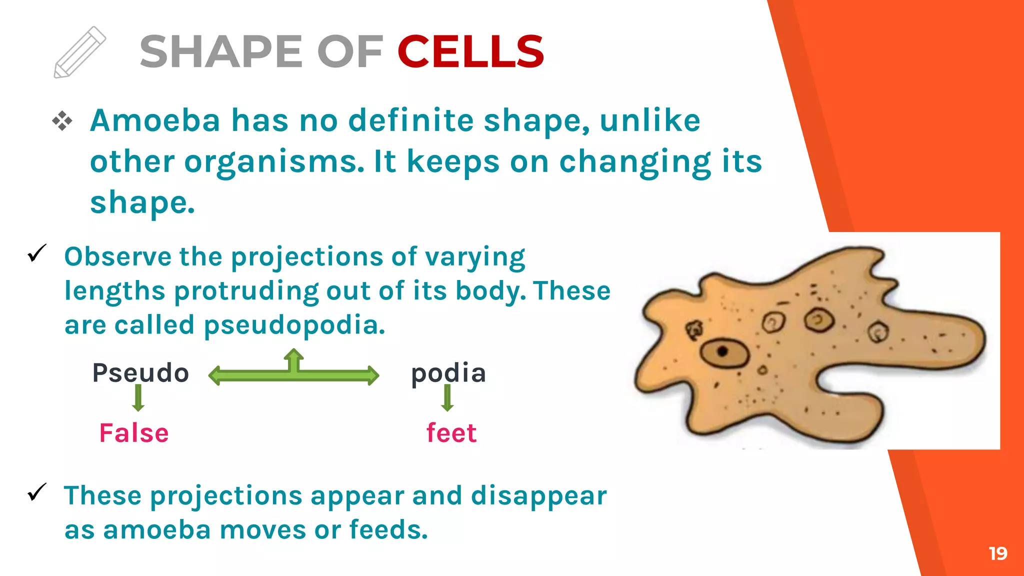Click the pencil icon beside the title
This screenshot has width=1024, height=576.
pos(79,52)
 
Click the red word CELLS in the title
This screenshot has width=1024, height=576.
pos(470,51)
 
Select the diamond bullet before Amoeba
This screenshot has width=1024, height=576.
pos(62,121)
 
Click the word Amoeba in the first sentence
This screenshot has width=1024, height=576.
pos(155,121)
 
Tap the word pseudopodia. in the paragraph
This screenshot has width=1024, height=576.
pos(294,325)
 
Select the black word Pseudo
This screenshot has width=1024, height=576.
pos(140,373)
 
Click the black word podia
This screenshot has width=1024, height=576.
pos(448,373)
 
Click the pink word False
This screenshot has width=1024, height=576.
pos(134,433)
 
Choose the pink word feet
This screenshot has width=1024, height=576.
pos(451,433)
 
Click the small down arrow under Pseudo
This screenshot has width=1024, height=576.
pos(138,398)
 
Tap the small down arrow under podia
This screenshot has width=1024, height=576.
pos(448,398)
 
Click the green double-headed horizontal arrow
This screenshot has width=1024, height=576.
pos(293,374)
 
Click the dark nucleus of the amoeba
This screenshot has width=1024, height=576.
pos(722,351)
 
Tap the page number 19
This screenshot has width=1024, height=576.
pos(997,553)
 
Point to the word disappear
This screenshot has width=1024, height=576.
pos(538,496)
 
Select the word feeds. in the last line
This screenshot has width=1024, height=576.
pos(388,530)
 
